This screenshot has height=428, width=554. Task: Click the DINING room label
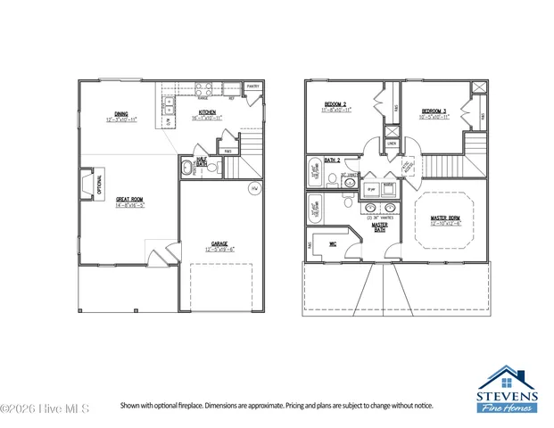pyautogui.click(x=120, y=115)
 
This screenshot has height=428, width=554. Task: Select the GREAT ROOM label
pyautogui.click(x=129, y=201)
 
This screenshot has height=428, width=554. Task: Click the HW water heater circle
pyautogui.click(x=253, y=189)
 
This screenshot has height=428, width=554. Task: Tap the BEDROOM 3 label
pyautogui.click(x=436, y=112)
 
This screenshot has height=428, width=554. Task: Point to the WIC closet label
pyautogui.click(x=332, y=243)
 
